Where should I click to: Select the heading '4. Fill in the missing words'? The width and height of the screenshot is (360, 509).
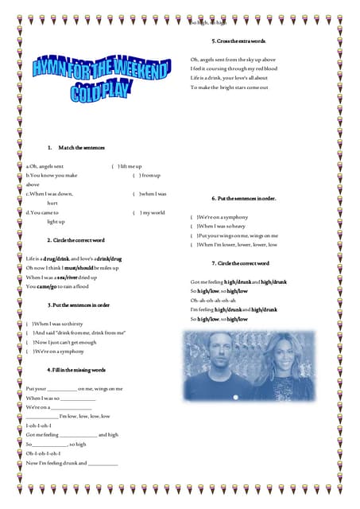point(76,370)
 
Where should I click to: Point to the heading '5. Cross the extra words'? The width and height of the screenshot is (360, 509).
point(238,41)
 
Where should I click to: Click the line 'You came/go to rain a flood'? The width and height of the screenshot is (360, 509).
point(60,286)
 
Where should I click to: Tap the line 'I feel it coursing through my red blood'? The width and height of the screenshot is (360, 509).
point(234,68)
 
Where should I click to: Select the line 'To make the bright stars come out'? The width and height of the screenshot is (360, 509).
point(229,87)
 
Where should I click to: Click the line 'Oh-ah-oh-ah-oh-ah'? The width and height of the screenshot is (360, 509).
point(214,300)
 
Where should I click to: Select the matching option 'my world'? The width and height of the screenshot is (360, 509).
point(152,212)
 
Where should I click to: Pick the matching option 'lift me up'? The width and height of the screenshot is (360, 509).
point(130,165)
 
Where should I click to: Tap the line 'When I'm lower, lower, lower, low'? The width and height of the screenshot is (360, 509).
point(237,245)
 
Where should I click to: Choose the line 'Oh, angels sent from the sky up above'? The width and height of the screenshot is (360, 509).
point(233,59)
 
